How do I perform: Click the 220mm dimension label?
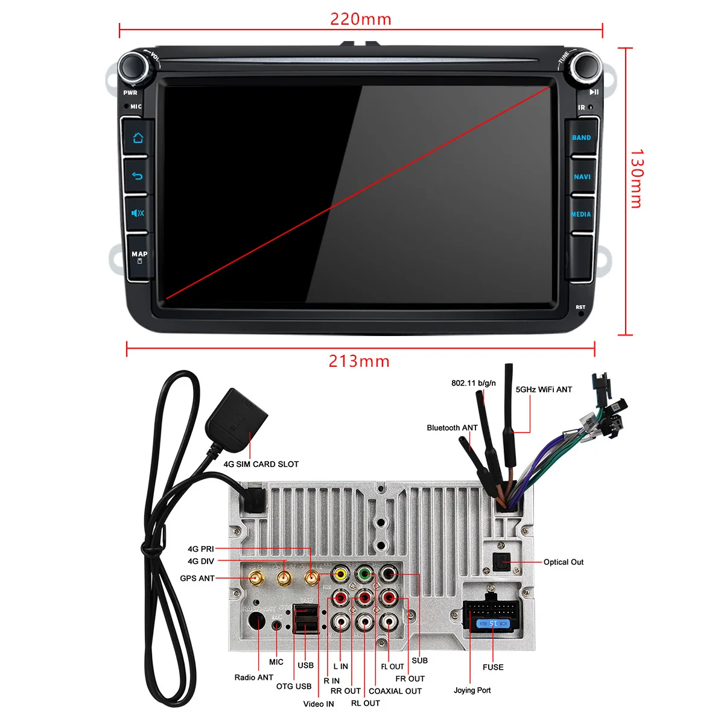[x=361, y=19]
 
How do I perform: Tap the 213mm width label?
[x=359, y=361]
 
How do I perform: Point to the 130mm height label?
[x=637, y=179]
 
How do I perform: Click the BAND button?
[x=581, y=138]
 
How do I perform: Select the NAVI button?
[x=582, y=177]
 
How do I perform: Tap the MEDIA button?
[x=581, y=214]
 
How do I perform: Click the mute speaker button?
[x=138, y=213]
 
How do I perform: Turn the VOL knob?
[x=134, y=66]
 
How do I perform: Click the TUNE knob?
[x=586, y=66]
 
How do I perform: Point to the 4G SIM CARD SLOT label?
[x=261, y=464]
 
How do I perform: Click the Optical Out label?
[x=564, y=562]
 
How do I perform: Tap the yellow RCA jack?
[x=341, y=573]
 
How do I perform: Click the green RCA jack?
[x=364, y=573]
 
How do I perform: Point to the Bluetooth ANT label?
[x=452, y=428]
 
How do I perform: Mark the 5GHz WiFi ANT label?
[x=544, y=390]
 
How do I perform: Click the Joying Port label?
[x=472, y=690]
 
